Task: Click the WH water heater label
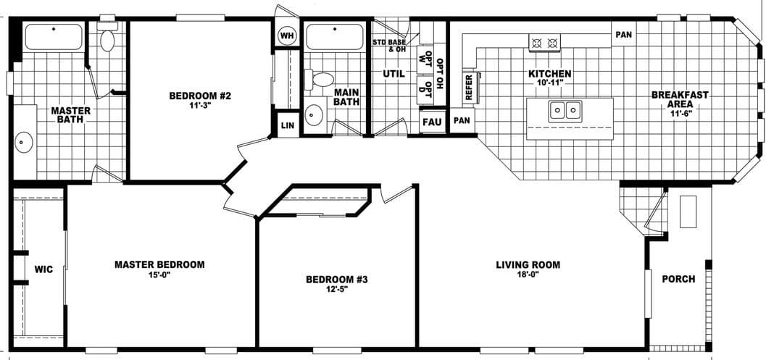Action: point(286,35)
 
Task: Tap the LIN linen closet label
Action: point(286,125)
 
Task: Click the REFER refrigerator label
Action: point(468,86)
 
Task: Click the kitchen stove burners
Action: point(546,43)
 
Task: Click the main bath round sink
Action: point(315,115)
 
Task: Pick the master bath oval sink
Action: point(24,143)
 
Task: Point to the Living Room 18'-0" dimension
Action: point(528,276)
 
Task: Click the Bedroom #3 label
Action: point(337,280)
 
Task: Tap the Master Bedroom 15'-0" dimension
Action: point(159,275)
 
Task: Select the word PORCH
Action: point(678,279)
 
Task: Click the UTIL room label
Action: point(393,73)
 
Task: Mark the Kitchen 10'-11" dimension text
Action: point(550,84)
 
